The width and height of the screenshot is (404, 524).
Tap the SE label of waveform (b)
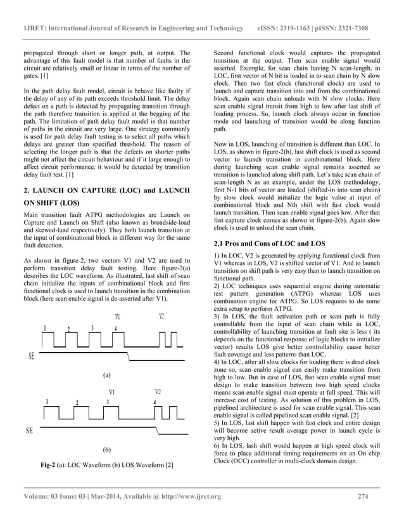[28, 431]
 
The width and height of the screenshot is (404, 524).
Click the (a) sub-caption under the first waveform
[107, 375]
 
